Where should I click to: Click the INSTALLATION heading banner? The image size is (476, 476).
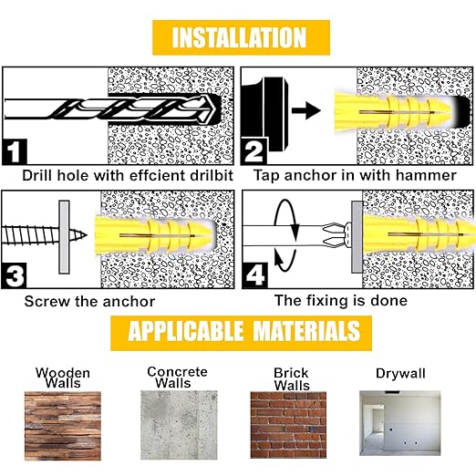point(239,37)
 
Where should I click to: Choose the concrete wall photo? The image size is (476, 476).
point(179,423)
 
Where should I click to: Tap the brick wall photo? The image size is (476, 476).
point(290,423)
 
